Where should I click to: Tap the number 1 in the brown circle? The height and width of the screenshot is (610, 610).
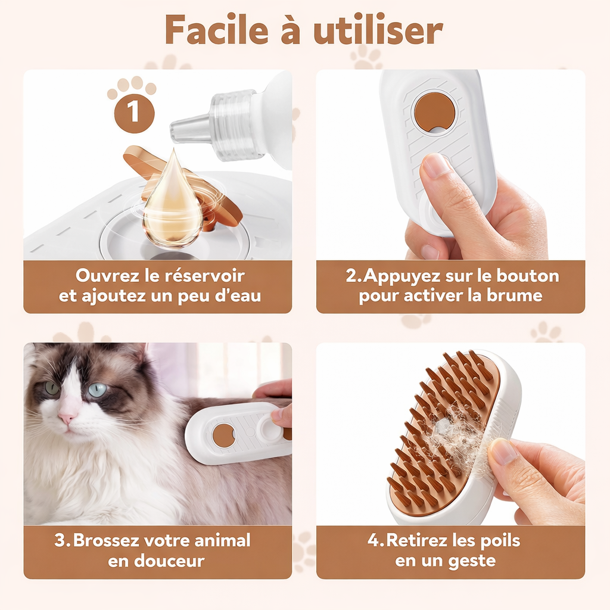[x=135, y=111]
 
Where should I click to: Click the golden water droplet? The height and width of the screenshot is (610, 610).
[x=173, y=203]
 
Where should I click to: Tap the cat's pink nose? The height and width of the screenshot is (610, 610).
[x=67, y=417]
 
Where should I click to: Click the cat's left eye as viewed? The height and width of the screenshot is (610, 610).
[x=52, y=388]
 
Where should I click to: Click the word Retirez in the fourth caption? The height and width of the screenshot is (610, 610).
[x=415, y=541]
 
